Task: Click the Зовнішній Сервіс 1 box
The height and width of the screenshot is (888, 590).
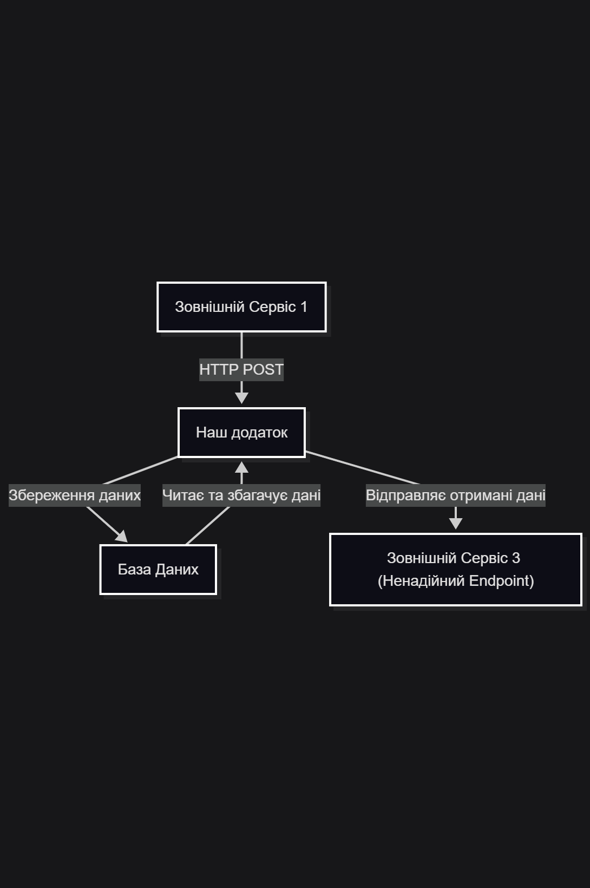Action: (241, 307)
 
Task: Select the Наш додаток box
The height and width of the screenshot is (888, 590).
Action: (241, 433)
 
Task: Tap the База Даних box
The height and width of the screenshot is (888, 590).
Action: (158, 570)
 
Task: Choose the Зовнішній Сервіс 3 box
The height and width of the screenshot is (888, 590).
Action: (455, 570)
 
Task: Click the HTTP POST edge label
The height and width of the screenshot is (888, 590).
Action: (241, 370)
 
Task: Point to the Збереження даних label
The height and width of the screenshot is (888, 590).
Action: (75, 495)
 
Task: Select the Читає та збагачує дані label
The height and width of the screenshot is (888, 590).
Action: (241, 495)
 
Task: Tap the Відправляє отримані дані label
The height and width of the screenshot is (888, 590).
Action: (455, 495)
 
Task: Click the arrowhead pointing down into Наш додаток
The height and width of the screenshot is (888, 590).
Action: (241, 398)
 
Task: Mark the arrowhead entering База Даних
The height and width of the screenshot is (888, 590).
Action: (122, 537)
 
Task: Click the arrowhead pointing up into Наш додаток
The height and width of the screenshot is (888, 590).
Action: (241, 468)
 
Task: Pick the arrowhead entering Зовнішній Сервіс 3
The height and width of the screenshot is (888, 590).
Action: (455, 523)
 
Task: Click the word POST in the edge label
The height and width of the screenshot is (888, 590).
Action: (263, 370)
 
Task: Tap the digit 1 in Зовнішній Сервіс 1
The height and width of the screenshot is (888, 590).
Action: (304, 307)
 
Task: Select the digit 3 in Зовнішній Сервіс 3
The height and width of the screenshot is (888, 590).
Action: (516, 558)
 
